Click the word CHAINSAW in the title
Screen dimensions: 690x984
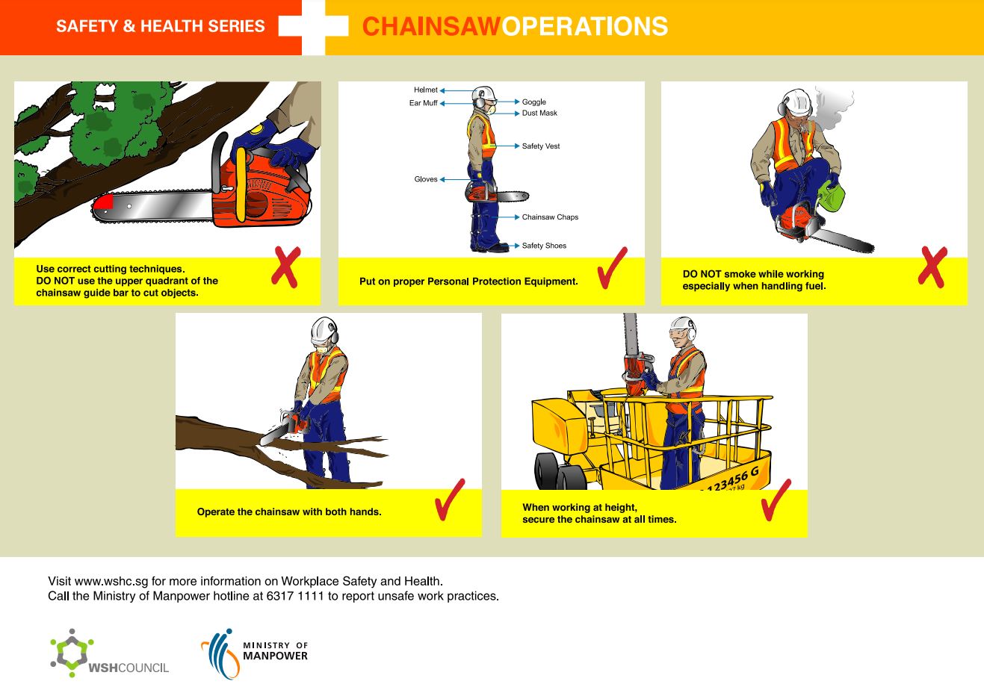click(430, 27)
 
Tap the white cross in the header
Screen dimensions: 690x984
click(314, 27)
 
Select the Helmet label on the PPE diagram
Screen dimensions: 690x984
click(426, 90)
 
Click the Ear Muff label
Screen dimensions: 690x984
click(423, 103)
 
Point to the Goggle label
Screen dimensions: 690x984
click(533, 102)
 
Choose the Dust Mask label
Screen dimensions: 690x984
click(539, 114)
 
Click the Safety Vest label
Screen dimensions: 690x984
click(540, 146)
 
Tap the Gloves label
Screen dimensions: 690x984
click(426, 179)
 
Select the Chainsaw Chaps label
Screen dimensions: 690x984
click(550, 217)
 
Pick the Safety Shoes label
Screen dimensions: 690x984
click(544, 246)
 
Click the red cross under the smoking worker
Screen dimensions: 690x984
click(932, 267)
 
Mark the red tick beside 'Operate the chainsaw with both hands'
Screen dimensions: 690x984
click(449, 500)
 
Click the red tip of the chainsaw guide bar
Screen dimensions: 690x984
click(102, 202)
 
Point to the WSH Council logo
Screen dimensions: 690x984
click(109, 654)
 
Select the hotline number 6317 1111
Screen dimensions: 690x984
click(296, 597)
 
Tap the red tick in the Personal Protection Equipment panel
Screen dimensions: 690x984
click(612, 269)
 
